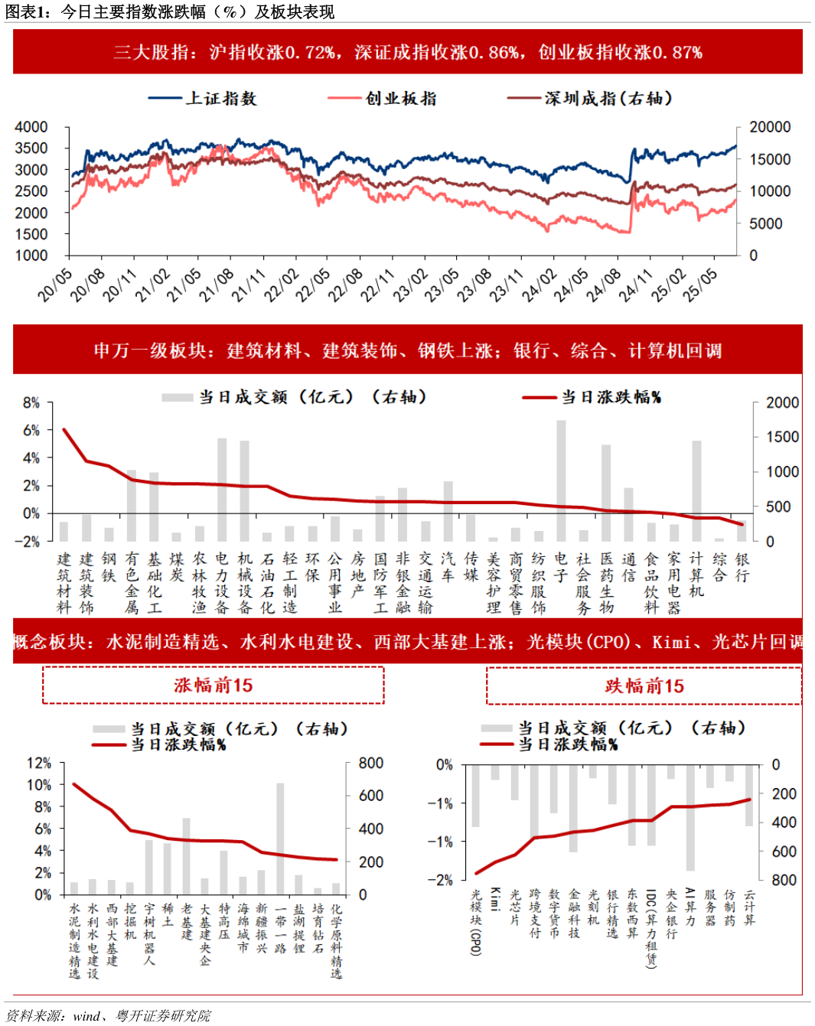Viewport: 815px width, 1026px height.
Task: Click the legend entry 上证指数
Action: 220,99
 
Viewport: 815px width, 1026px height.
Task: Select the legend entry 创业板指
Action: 400,99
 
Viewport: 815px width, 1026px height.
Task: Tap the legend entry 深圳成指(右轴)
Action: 608,99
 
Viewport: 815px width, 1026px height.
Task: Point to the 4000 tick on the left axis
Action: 31,127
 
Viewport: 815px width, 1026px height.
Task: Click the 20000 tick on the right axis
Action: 769,127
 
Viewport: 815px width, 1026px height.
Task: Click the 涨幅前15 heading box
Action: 213,685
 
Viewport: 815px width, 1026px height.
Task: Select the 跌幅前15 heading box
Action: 644,686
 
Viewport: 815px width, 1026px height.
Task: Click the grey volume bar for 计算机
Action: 696,490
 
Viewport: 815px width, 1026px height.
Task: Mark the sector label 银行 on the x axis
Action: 742,567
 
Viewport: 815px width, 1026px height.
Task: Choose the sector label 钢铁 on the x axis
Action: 109,567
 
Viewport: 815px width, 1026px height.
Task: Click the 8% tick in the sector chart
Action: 31,402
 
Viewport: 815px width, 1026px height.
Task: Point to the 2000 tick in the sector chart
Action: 782,402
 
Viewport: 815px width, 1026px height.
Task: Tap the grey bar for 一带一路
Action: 280,839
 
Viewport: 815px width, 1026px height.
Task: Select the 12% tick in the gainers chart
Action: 39,763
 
